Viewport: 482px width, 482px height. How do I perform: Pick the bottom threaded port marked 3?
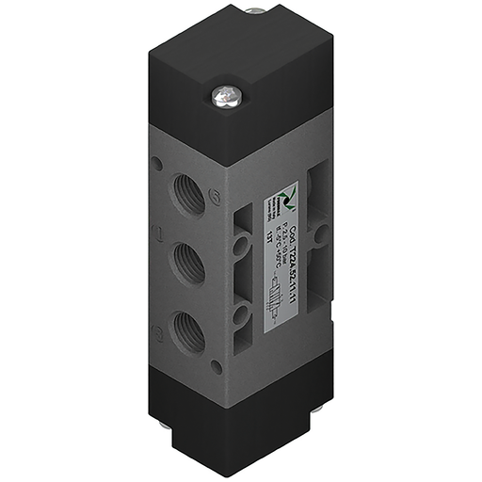(184, 330)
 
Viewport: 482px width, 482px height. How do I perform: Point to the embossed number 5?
(214, 199)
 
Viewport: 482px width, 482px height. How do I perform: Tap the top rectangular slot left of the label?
(242, 216)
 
